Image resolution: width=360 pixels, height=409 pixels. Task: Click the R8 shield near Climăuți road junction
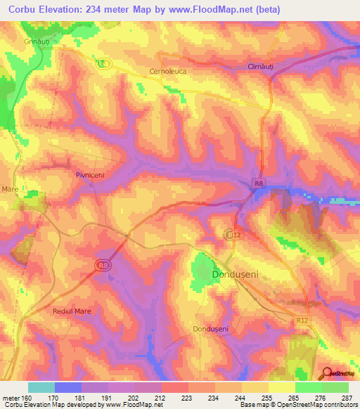click(259, 183)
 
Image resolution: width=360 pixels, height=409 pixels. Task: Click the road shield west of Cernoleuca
click(103, 63)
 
